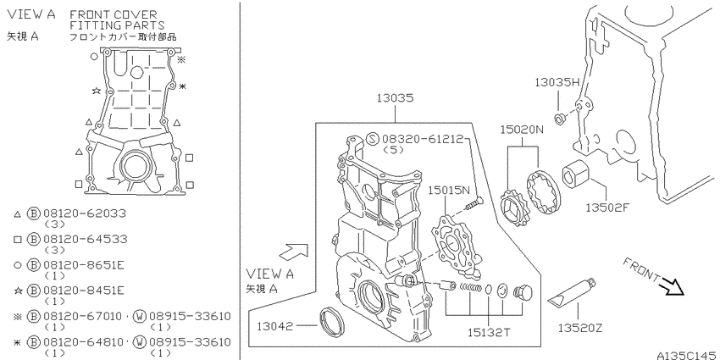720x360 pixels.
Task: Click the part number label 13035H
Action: (x=557, y=82)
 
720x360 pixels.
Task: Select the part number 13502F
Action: (x=607, y=208)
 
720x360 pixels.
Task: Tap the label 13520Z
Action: (x=580, y=328)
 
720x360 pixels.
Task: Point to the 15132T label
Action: (x=488, y=332)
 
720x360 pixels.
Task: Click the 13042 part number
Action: (x=274, y=326)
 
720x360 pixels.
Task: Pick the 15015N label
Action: (x=450, y=190)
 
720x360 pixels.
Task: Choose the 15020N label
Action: (x=522, y=130)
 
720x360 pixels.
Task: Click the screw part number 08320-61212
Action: (x=423, y=139)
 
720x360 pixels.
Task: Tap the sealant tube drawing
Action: (x=572, y=292)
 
